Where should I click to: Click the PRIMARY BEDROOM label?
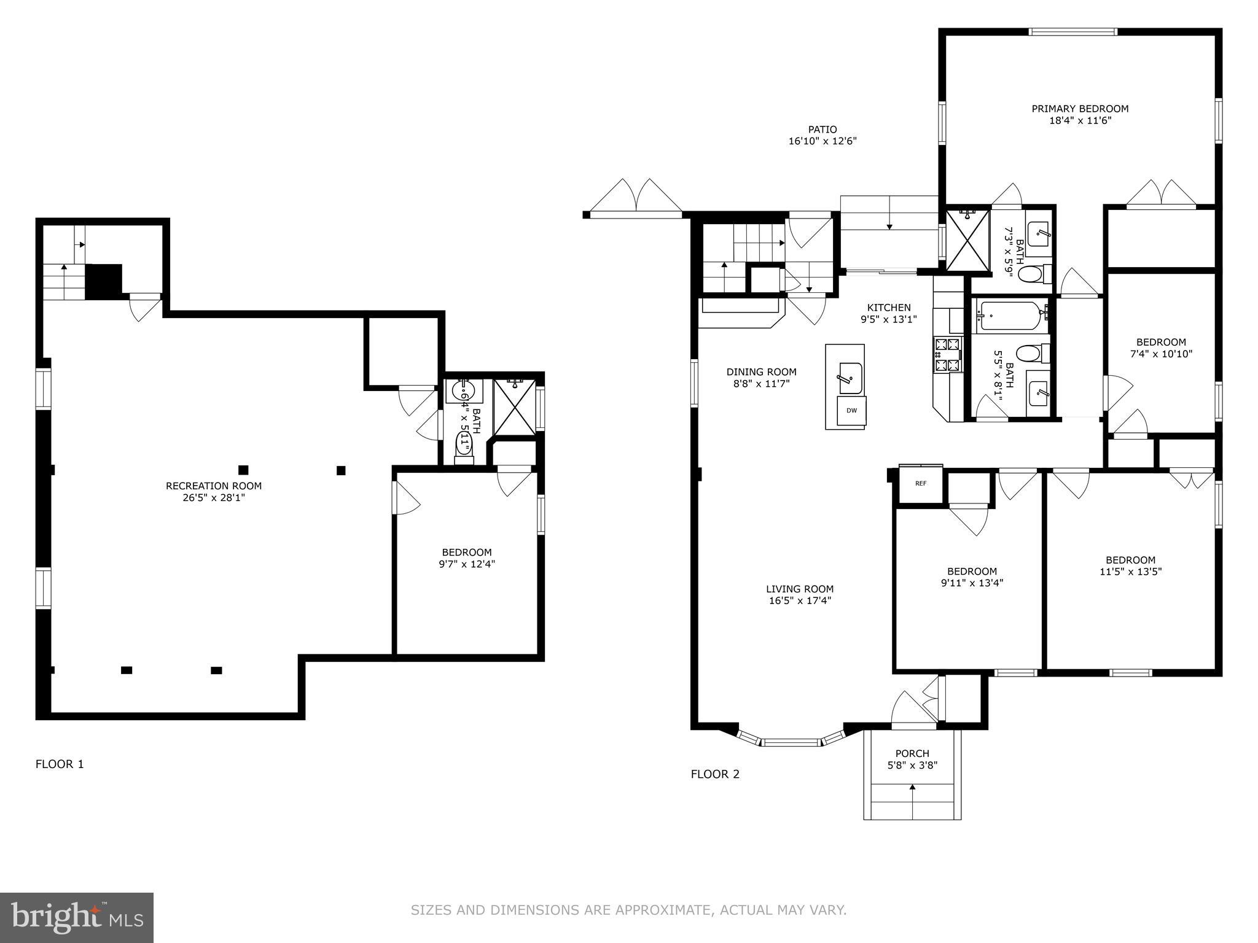(x=1080, y=109)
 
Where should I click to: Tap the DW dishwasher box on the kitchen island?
(x=851, y=411)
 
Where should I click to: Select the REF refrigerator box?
(x=920, y=484)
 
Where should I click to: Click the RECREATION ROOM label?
(x=214, y=486)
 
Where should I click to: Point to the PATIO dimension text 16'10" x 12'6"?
(x=822, y=141)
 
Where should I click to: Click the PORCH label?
(x=912, y=753)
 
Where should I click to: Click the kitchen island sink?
(x=851, y=378)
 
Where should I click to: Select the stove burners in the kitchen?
(x=947, y=355)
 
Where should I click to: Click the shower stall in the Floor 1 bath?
(x=515, y=407)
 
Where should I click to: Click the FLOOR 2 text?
(x=715, y=774)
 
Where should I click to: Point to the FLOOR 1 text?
(x=60, y=764)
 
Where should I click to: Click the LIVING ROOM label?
(x=800, y=589)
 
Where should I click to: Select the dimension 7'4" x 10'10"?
(x=1161, y=354)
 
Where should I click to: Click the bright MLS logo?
(x=77, y=917)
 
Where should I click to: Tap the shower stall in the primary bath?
(x=967, y=240)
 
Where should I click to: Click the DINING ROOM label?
(x=761, y=372)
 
